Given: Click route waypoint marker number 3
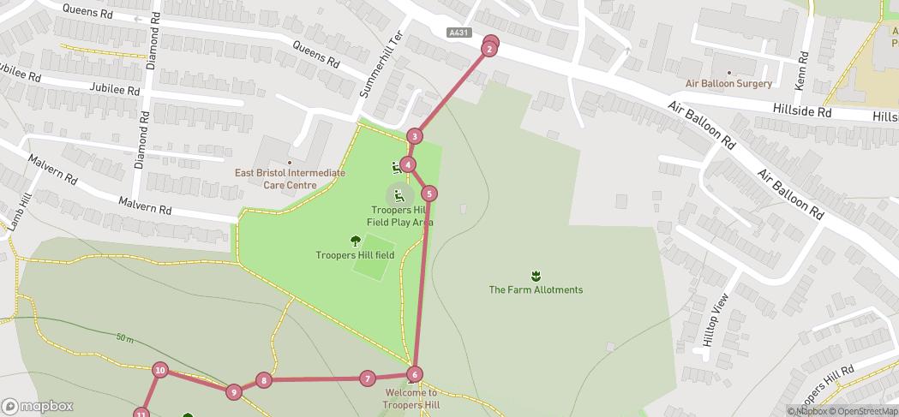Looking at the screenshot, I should pos(415,136).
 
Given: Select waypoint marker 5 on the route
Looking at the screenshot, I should pos(429,194).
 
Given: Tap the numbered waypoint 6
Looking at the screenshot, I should pos(415,374).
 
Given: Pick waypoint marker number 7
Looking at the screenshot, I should pos(367,378).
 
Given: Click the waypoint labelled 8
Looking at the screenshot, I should pos(264,380).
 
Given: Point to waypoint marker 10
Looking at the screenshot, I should pos(160,370).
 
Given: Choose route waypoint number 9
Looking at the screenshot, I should pos(233,392).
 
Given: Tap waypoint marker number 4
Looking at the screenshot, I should pos(409,164).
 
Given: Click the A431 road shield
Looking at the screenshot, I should pos(458,33).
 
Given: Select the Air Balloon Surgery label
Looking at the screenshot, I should pos(728,83).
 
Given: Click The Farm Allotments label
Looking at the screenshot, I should pos(536,289).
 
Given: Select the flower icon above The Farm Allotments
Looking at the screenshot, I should pos(536,275).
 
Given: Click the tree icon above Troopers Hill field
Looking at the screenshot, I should pos(356,241).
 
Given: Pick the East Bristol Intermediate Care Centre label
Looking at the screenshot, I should pos(290,178).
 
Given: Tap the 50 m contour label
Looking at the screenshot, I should pos(124,339).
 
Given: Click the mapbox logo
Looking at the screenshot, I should pos(38,406).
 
